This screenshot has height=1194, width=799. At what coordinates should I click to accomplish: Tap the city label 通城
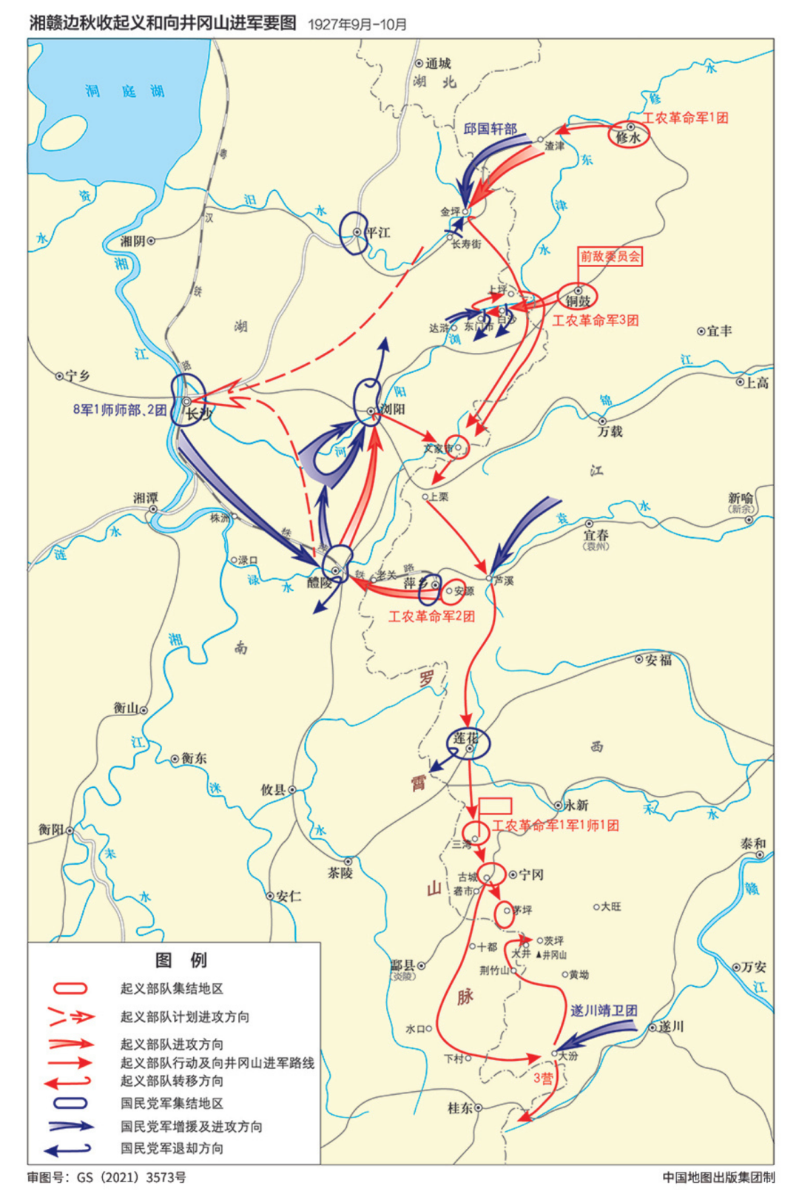pyautogui.click(x=438, y=64)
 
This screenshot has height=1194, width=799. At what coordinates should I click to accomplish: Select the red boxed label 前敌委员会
pyautogui.click(x=610, y=257)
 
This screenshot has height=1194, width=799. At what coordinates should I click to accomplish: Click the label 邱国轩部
pyautogui.click(x=490, y=129)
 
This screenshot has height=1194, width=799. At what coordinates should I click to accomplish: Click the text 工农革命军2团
pyautogui.click(x=432, y=615)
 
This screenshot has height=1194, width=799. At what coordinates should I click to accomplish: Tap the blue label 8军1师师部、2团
pyautogui.click(x=119, y=409)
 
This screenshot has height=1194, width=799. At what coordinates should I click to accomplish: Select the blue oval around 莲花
pyautogui.click(x=468, y=743)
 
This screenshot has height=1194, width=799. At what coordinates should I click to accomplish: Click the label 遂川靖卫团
pyautogui.click(x=604, y=1011)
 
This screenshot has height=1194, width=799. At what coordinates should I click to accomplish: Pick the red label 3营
pyautogui.click(x=544, y=1078)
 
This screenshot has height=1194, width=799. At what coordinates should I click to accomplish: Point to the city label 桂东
pyautogui.click(x=460, y=1107)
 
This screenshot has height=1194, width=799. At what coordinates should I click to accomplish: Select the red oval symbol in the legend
pyautogui.click(x=70, y=988)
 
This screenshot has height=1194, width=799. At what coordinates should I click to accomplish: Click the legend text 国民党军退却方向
pyautogui.click(x=172, y=1148)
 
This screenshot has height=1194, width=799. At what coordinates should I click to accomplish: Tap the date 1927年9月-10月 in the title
pyautogui.click(x=357, y=24)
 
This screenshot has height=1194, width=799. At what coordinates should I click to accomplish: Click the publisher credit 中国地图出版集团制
pyautogui.click(x=718, y=1177)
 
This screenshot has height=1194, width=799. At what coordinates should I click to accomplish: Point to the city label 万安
pyautogui.click(x=755, y=967)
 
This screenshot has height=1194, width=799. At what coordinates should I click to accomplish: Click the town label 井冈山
pyautogui.click(x=554, y=955)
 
